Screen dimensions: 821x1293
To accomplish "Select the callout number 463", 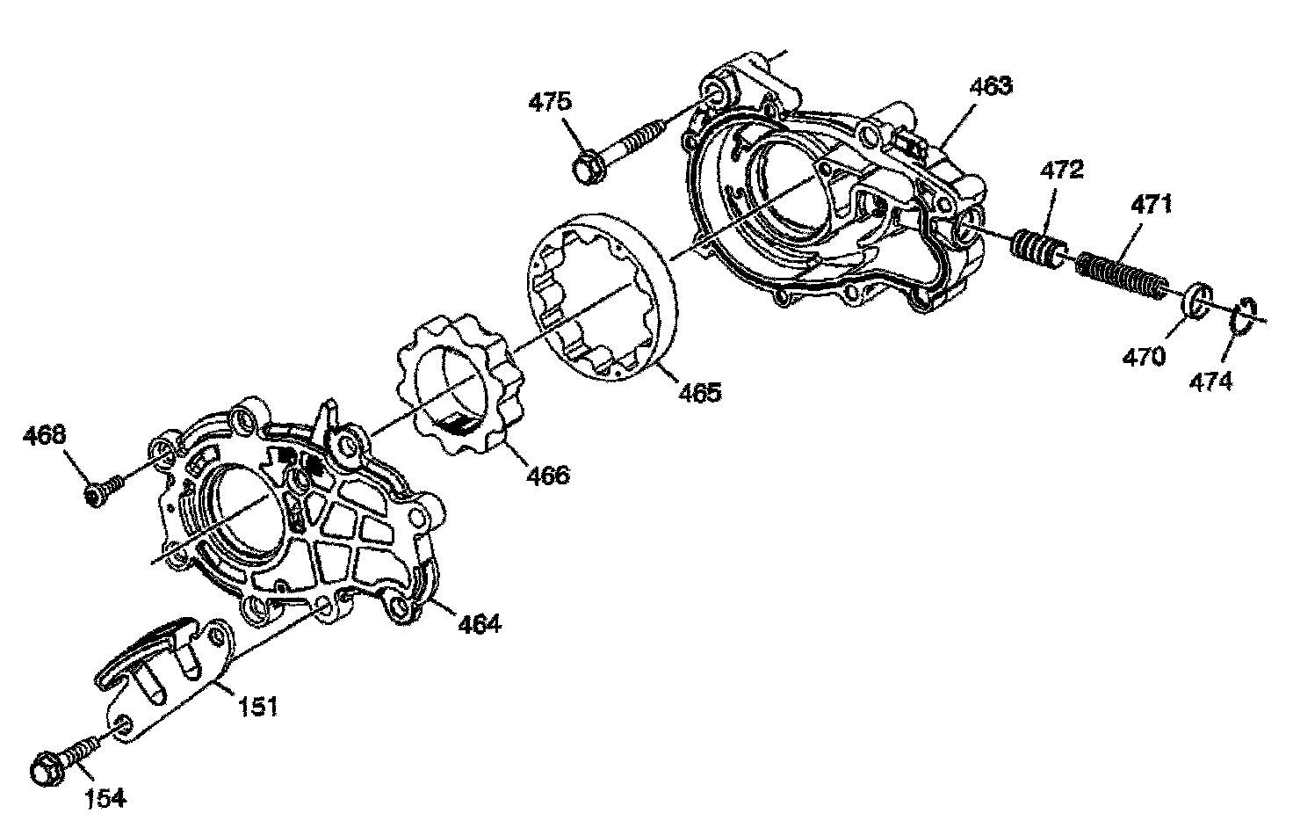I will click(991, 87).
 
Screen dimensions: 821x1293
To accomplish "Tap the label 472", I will click(1063, 170).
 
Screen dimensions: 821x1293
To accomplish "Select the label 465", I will click(700, 391).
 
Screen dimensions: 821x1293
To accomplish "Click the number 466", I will click(548, 476).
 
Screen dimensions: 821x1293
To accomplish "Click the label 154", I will click(105, 797).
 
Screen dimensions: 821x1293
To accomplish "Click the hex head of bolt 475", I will click(587, 168).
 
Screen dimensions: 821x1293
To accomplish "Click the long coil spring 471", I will click(1122, 273).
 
